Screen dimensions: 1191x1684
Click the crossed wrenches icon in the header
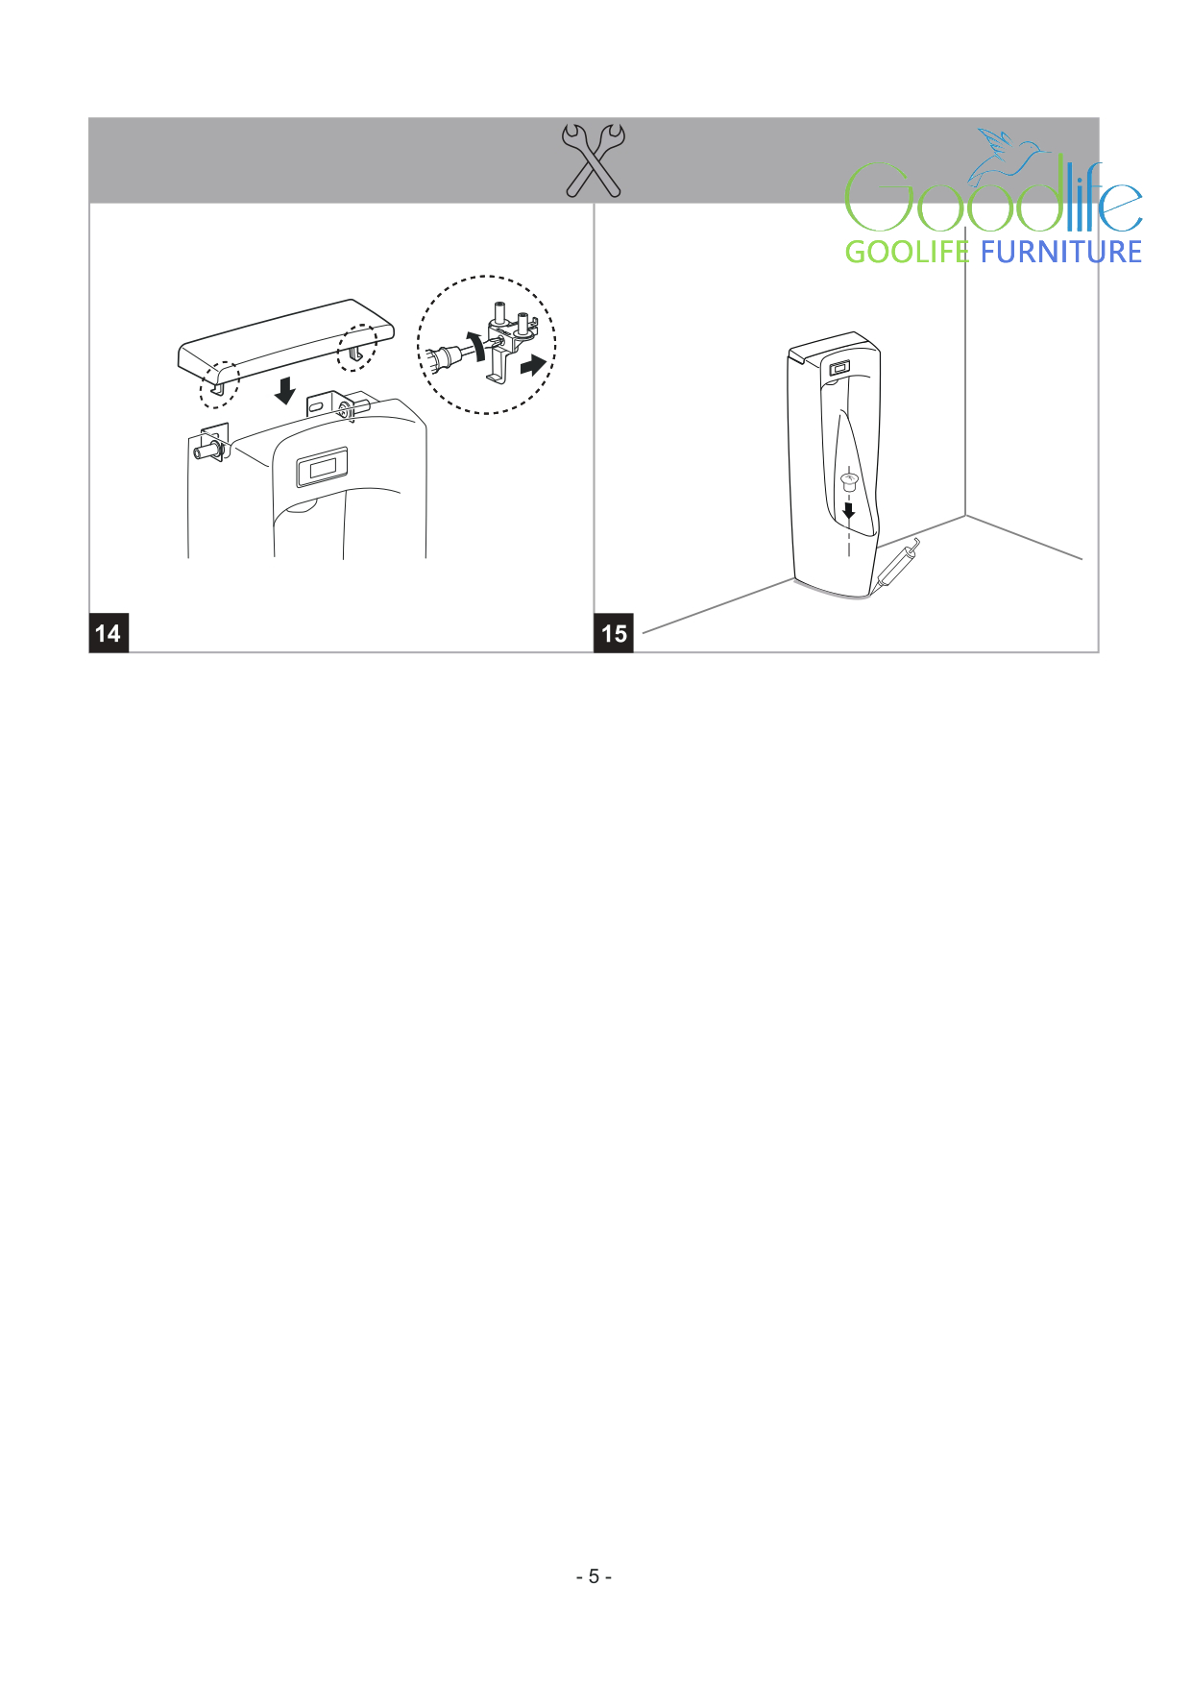click(594, 160)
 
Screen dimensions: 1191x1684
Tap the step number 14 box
click(109, 632)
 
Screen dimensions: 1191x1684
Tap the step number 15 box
click(614, 632)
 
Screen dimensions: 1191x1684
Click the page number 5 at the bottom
click(594, 1576)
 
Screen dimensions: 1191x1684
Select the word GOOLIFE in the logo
click(907, 252)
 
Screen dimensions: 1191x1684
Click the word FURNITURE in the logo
click(1061, 252)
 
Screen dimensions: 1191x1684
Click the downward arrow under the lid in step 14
click(284, 390)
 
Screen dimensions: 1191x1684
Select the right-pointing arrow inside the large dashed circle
click(533, 365)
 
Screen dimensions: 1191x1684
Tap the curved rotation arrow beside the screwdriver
click(476, 344)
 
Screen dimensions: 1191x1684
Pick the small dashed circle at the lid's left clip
click(219, 384)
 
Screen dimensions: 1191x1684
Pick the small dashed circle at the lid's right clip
click(357, 347)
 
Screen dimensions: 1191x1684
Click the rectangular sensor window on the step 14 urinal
click(322, 469)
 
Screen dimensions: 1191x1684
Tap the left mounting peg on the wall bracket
click(207, 451)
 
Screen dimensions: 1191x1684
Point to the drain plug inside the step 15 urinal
click(848, 480)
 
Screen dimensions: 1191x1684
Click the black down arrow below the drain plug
click(848, 510)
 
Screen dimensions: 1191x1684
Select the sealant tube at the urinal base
click(897, 569)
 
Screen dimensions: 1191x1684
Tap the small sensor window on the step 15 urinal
click(839, 368)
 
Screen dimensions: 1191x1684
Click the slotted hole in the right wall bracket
click(316, 407)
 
